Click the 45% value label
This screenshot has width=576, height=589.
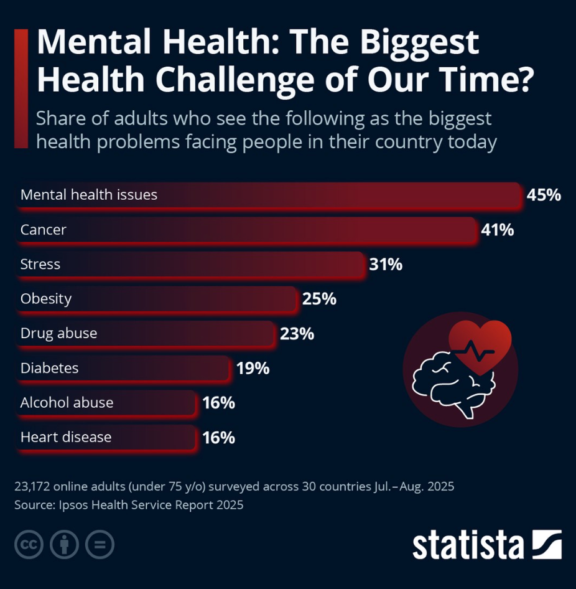point(544,195)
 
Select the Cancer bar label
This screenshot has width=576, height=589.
point(43,230)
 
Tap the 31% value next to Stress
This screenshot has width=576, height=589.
point(386,265)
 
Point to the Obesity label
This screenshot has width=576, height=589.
point(46,299)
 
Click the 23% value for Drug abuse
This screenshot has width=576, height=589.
point(297,334)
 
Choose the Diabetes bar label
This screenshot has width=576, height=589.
point(49,368)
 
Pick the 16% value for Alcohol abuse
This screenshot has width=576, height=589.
point(219,403)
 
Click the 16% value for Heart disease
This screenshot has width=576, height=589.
point(219,438)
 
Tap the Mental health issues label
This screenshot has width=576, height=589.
point(88,195)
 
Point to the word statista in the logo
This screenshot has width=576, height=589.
point(468,545)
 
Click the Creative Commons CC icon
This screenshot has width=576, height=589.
point(29,544)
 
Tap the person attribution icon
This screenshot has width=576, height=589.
point(64,544)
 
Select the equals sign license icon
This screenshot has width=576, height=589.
point(100,544)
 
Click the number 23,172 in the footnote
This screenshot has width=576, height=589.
point(32,486)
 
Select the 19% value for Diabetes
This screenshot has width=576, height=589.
point(253,369)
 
